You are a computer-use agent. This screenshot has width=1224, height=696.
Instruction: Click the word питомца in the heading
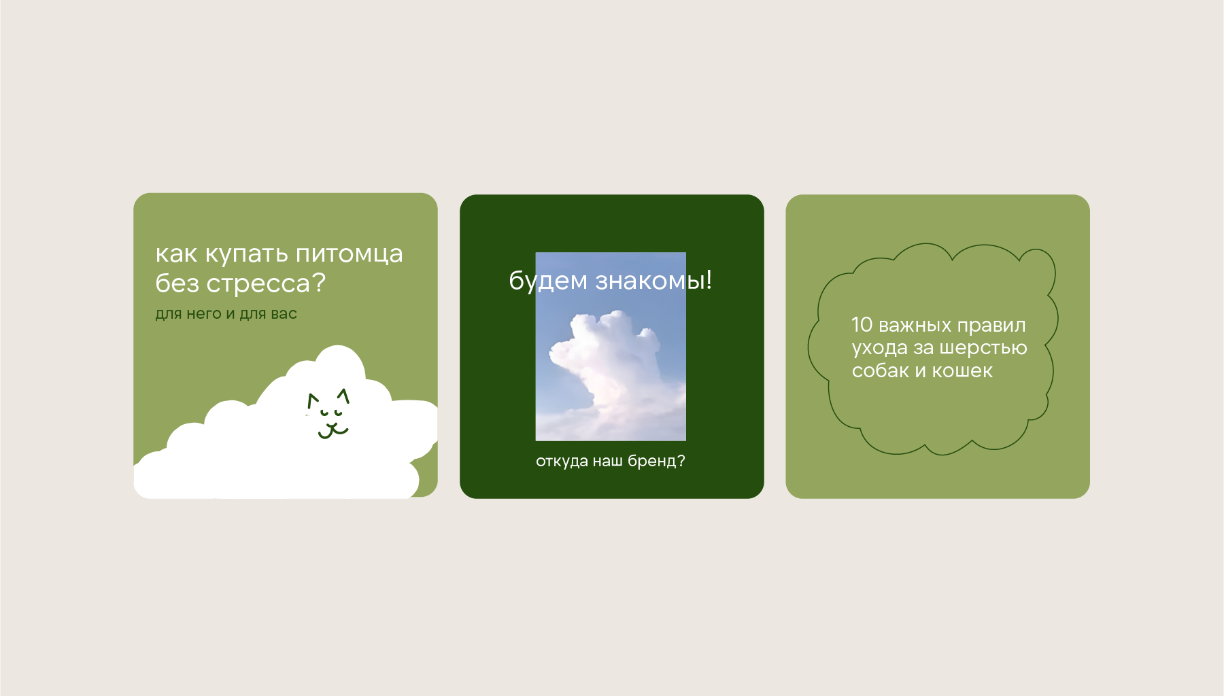tap(349, 255)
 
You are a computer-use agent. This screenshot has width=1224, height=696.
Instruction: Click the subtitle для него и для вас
tap(226, 314)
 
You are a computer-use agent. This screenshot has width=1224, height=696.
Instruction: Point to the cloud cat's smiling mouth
tap(333, 430)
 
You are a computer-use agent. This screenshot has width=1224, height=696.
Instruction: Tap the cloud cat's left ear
tap(312, 400)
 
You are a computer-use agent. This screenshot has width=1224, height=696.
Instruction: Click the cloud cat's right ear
tap(343, 396)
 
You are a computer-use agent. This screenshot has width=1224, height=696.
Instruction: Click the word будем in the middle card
tap(548, 280)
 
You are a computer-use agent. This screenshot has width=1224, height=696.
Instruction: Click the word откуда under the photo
tap(562, 462)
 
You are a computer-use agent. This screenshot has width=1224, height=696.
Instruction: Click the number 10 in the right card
tap(862, 324)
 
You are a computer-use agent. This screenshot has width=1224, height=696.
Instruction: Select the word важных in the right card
tap(915, 326)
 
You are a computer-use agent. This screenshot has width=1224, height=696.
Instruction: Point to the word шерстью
tap(983, 349)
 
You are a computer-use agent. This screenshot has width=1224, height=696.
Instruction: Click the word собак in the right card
tap(881, 371)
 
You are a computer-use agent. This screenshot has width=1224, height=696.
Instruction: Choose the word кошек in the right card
tap(962, 371)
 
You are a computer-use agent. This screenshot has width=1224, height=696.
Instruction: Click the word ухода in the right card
tap(879, 349)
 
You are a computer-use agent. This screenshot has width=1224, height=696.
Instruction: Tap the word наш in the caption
tap(607, 462)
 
